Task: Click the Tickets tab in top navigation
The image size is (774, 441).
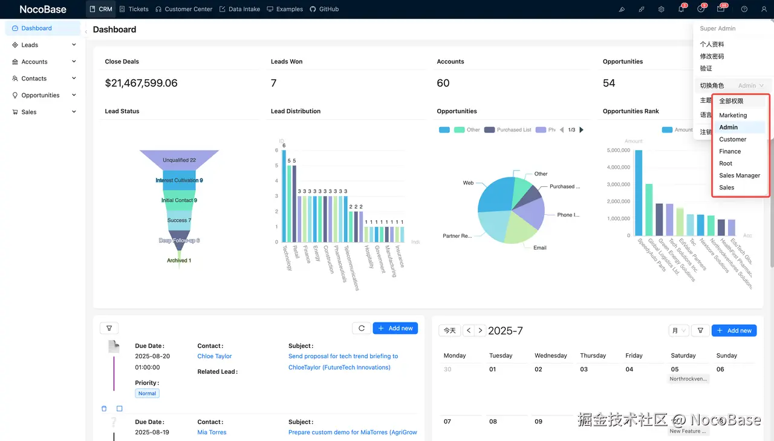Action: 134,9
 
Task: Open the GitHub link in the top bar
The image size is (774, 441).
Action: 324,9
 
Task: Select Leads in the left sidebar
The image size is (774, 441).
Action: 30,45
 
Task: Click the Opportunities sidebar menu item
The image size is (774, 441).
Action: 41,95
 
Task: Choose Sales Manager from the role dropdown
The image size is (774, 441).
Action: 739,175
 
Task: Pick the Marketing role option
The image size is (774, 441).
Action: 733,115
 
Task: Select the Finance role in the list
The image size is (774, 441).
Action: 730,151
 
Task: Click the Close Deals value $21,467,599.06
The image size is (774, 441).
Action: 141,83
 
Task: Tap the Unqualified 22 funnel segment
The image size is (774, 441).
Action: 179,160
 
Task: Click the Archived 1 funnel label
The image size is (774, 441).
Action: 179,260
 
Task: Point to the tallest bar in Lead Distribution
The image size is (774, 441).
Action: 284,194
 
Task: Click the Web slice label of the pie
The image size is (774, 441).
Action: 468,183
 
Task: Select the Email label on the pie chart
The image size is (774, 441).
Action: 539,247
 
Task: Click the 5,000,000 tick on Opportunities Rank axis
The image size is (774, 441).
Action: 617,150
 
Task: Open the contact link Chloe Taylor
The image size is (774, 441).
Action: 215,356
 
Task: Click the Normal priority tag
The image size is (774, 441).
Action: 147,393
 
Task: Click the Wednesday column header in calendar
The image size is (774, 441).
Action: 550,356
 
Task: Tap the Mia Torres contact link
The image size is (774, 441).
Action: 212,433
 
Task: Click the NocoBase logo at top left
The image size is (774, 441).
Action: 43,9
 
